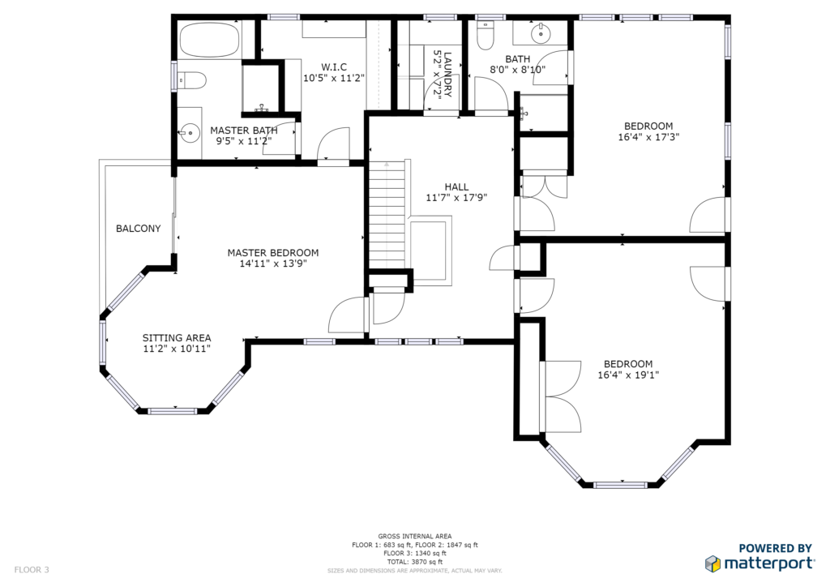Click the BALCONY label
coord(138,229)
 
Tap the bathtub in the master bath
coord(209,39)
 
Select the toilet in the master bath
coord(191,80)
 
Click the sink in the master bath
coord(188,132)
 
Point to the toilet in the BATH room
coord(486,35)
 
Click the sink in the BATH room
coord(541,32)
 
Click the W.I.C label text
coord(334,67)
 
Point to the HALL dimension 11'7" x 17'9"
coord(456,198)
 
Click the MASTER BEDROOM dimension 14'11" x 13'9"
coord(273,264)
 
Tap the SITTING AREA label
coord(177,338)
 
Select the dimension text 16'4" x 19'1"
coord(628,375)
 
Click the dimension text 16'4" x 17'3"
coord(648,137)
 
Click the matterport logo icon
coord(712,563)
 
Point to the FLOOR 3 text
coord(32,570)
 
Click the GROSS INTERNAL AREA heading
coord(415,537)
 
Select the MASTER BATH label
coord(243,131)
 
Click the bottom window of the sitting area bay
coord(173,411)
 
